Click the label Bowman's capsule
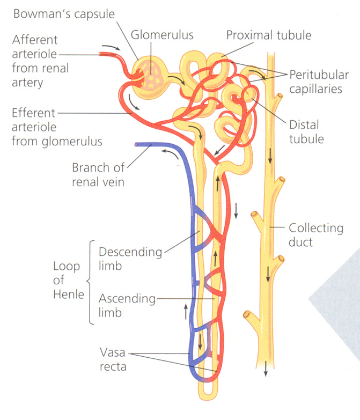64,13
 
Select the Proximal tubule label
269,35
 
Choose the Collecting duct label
316,235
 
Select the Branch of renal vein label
98,174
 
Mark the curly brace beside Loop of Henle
91,282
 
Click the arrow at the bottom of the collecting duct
265,369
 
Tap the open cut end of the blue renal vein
137,144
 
